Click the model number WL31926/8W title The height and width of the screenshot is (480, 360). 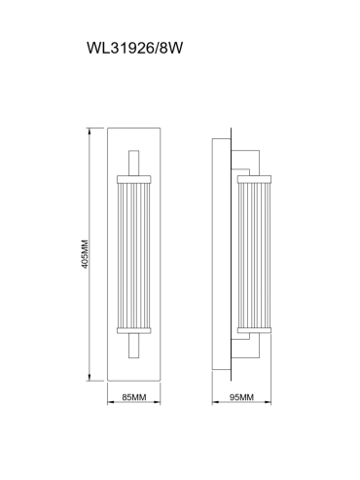click(134, 48)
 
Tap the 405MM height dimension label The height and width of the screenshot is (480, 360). click(85, 254)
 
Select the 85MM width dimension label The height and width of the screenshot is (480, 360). click(134, 397)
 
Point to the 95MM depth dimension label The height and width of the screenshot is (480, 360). click(241, 397)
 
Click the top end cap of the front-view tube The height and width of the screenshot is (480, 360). click(134, 179)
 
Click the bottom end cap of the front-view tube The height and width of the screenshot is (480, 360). click(134, 331)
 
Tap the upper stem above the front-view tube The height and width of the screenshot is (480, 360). click(134, 163)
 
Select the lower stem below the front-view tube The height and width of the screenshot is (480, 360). click(134, 346)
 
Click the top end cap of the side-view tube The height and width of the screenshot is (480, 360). click(254, 179)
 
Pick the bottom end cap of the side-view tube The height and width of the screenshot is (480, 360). click(254, 331)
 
